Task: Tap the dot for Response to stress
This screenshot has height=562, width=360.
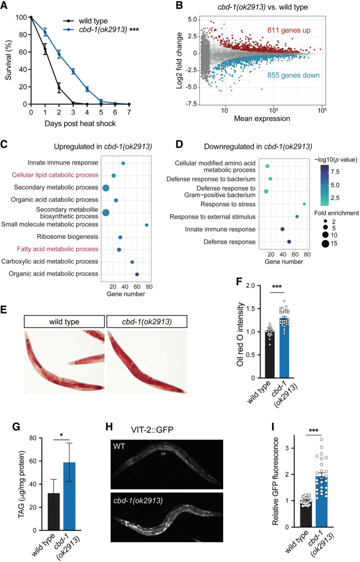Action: coord(304,204)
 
